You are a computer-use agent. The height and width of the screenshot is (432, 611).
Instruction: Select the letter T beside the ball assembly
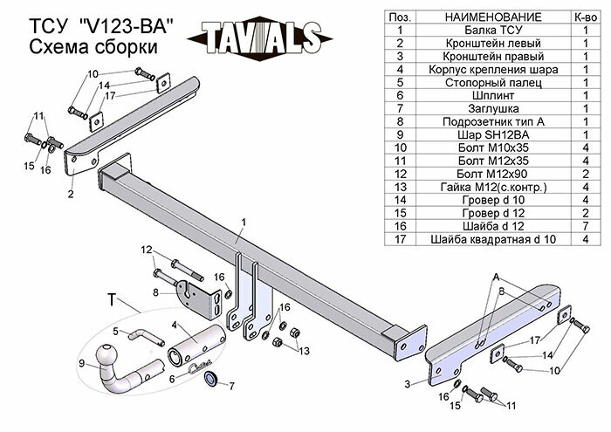click(x=111, y=300)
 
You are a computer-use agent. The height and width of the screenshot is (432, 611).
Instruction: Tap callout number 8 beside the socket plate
click(x=154, y=293)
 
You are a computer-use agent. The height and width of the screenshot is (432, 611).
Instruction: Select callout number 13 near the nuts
click(x=305, y=351)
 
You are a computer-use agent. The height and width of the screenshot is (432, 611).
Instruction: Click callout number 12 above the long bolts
click(x=147, y=250)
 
